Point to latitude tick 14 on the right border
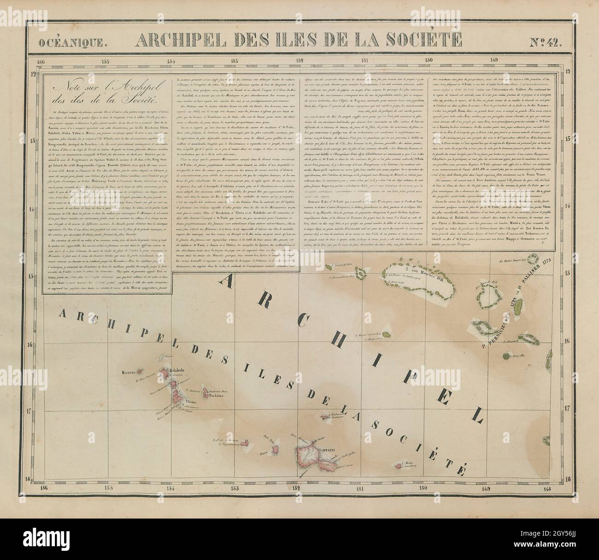pyautogui.click(x=567, y=209)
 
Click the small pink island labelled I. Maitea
pyautogui.click(x=399, y=466)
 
